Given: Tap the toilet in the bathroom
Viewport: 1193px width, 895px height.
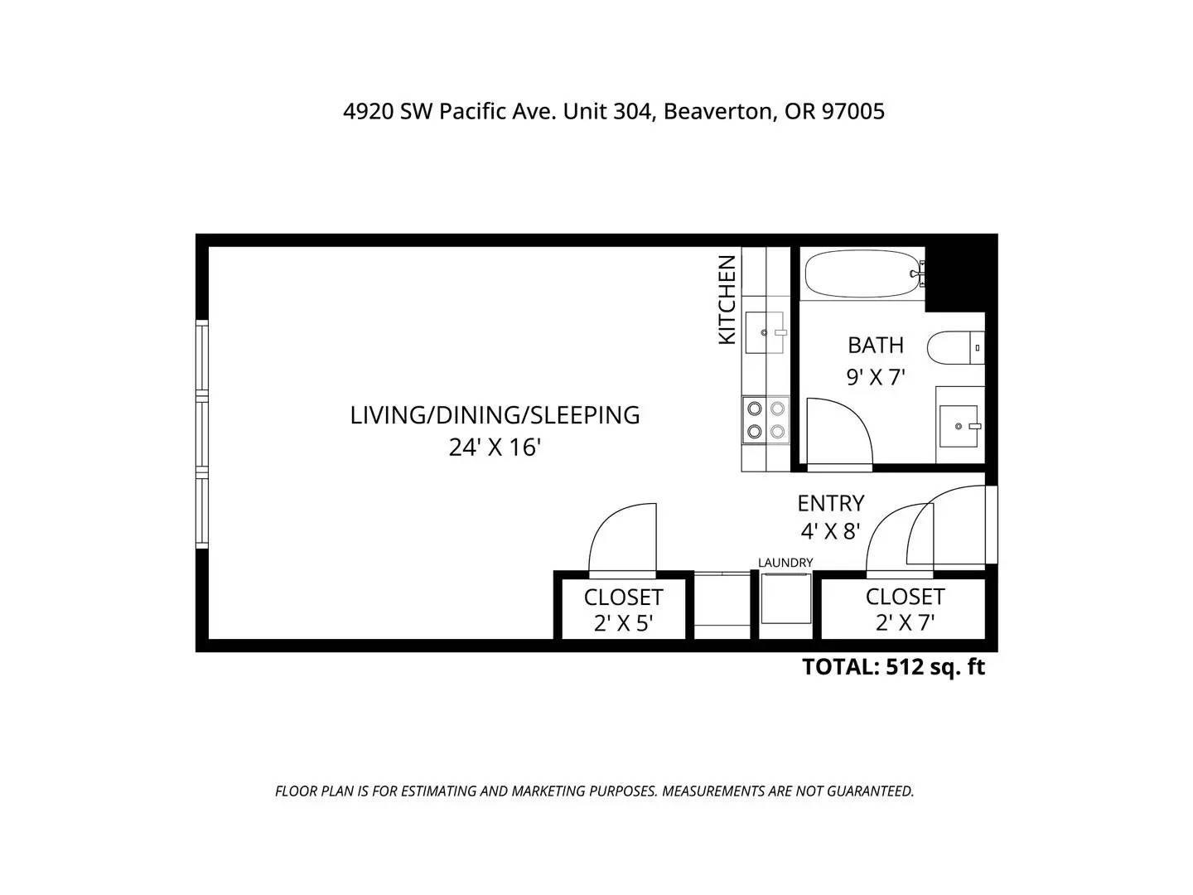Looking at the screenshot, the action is click(x=955, y=347).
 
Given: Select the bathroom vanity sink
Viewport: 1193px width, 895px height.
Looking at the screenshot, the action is click(x=960, y=426).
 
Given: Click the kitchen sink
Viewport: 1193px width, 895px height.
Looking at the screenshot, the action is click(x=766, y=332).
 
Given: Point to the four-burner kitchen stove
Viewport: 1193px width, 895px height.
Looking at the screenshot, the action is click(x=766, y=419).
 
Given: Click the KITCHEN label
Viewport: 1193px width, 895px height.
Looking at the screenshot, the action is click(x=727, y=299).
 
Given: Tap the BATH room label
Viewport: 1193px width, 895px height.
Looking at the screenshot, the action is click(x=875, y=345).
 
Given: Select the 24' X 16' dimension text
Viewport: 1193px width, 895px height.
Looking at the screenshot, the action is click(x=494, y=447).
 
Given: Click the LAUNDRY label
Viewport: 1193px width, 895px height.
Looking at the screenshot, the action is click(x=785, y=563).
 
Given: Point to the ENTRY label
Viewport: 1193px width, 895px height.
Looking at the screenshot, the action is click(x=830, y=503).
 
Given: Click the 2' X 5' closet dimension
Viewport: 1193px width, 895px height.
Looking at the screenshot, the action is click(x=623, y=623).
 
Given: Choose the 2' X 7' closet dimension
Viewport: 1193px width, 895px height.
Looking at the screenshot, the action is click(x=905, y=622).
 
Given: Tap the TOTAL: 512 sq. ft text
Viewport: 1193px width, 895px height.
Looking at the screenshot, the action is click(x=894, y=667).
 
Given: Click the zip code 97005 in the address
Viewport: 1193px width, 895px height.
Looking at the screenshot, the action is click(x=852, y=111).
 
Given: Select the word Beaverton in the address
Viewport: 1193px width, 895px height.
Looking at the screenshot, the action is click(x=717, y=111).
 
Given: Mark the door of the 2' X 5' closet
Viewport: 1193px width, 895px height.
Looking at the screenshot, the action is click(x=623, y=538).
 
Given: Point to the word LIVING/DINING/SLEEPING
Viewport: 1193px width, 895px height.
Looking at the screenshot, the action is click(x=495, y=415).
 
